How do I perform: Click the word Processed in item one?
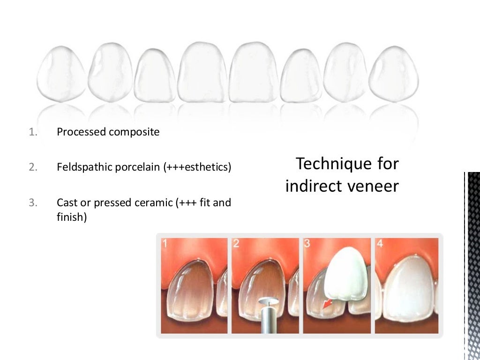point(81,132)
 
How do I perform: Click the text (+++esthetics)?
point(197,167)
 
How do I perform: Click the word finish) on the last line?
point(72,217)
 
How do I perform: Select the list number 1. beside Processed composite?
point(32,132)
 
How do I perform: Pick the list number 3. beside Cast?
point(32,203)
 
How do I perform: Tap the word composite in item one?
point(134,132)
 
